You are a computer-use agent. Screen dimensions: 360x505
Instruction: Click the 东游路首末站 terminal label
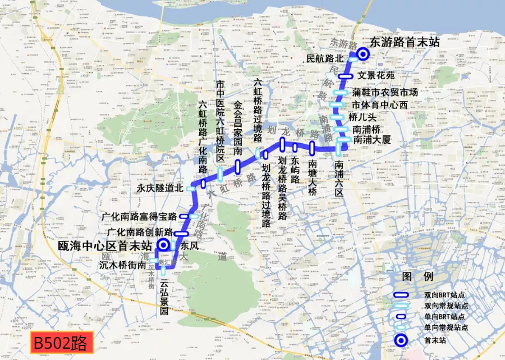coord(405,42)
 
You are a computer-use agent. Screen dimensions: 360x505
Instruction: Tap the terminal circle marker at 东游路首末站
coord(363,54)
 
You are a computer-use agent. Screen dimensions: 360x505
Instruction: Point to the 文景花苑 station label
coord(377,75)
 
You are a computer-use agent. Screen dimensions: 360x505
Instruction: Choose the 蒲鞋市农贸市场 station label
coord(385,92)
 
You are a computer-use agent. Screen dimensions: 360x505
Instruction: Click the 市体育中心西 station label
coord(379,104)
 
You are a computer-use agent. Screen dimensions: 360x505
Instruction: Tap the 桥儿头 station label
coord(362,117)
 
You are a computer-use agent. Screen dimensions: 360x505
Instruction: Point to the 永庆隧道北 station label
coord(160,189)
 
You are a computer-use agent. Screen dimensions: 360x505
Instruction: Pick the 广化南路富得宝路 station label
coord(139,216)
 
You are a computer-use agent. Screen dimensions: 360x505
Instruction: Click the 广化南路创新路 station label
coord(140,232)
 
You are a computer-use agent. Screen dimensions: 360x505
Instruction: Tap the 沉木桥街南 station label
coord(123,265)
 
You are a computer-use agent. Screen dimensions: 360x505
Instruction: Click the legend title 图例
coord(418,277)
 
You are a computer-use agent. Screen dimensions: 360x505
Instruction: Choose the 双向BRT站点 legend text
coord(445,295)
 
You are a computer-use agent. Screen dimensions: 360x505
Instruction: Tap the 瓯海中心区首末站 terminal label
coord(105,246)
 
